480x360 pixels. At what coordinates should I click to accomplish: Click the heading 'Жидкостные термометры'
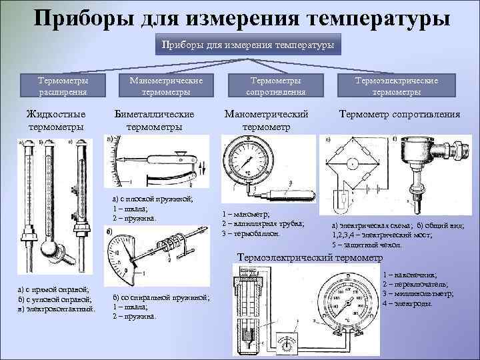(x=54, y=120)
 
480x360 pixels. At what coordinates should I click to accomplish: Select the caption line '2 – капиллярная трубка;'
(x=262, y=223)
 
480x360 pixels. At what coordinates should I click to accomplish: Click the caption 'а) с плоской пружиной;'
(x=153, y=199)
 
